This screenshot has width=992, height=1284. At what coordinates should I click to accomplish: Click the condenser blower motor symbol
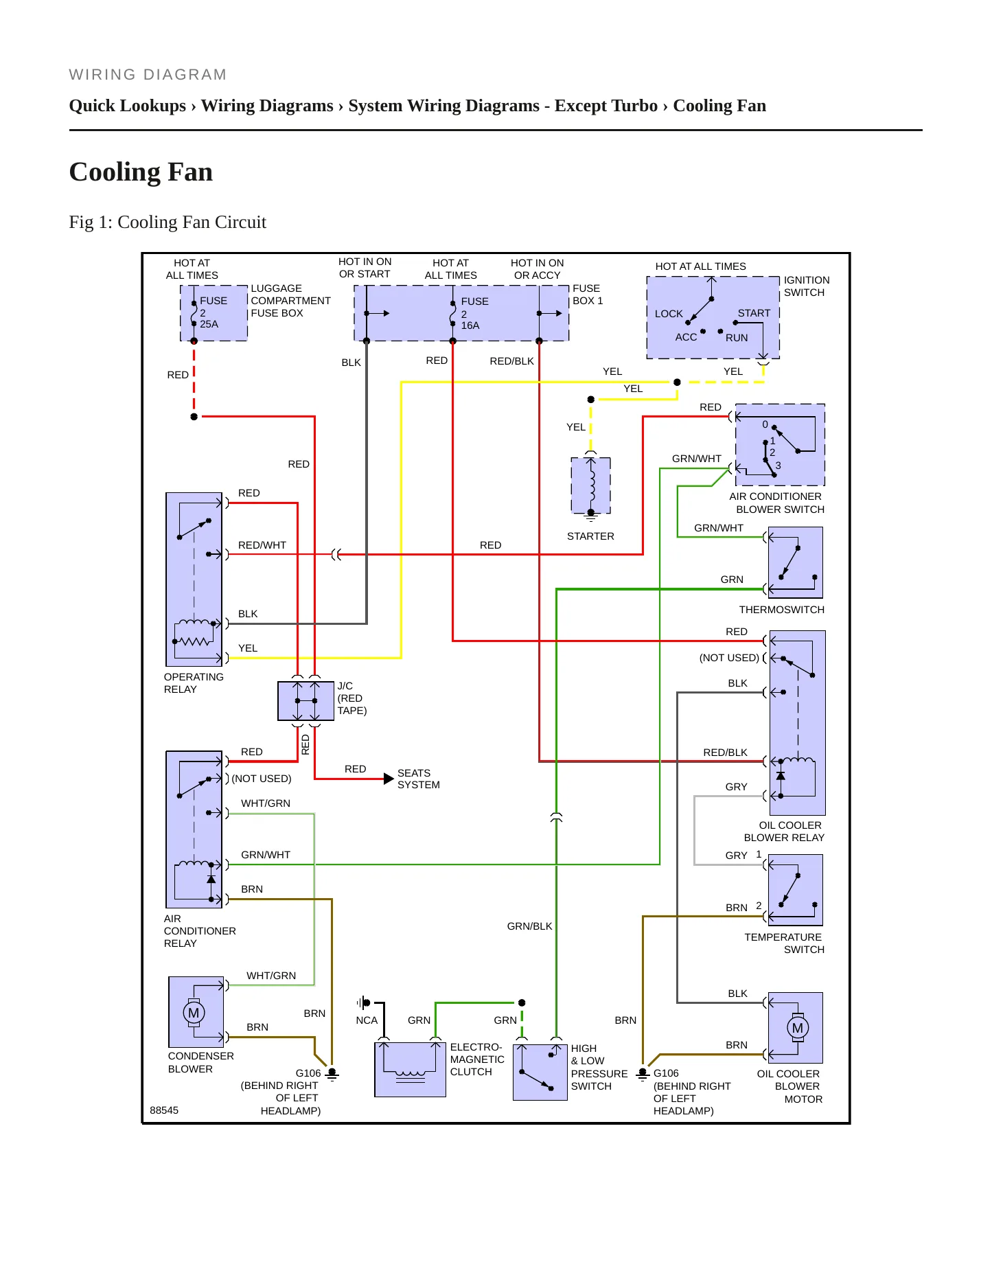tap(194, 1012)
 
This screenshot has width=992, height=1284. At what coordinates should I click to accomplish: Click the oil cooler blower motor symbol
tap(797, 1027)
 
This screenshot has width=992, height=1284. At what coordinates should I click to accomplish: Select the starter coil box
tap(590, 485)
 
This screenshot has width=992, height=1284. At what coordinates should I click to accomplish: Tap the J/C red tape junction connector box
tap(305, 700)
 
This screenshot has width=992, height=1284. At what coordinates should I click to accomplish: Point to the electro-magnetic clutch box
tap(410, 1069)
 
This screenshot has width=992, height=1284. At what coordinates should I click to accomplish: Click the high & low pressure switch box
tap(540, 1072)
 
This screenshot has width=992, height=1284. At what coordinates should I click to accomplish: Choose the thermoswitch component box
tap(796, 562)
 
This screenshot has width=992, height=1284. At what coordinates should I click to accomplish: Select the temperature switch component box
tap(796, 890)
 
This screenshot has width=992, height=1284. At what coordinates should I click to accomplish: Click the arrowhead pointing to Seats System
tap(389, 779)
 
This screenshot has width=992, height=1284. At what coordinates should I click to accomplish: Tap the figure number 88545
tap(164, 1110)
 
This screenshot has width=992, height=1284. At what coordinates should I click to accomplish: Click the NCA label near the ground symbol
tap(367, 1020)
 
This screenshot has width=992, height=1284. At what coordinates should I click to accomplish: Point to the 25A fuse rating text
tap(209, 324)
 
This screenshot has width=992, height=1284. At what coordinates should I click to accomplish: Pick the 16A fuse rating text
tap(470, 325)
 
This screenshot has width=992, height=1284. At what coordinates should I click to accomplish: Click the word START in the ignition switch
tap(754, 313)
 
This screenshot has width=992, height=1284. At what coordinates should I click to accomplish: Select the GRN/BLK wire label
tap(529, 926)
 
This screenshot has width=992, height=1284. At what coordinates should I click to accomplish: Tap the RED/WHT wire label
tap(262, 545)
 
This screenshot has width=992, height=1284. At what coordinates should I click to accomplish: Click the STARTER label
tap(590, 536)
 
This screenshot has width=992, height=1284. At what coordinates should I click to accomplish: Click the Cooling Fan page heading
tap(141, 172)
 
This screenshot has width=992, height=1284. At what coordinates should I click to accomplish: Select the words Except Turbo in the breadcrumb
tap(606, 106)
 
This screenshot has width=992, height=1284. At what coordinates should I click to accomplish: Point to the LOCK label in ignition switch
tap(669, 314)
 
